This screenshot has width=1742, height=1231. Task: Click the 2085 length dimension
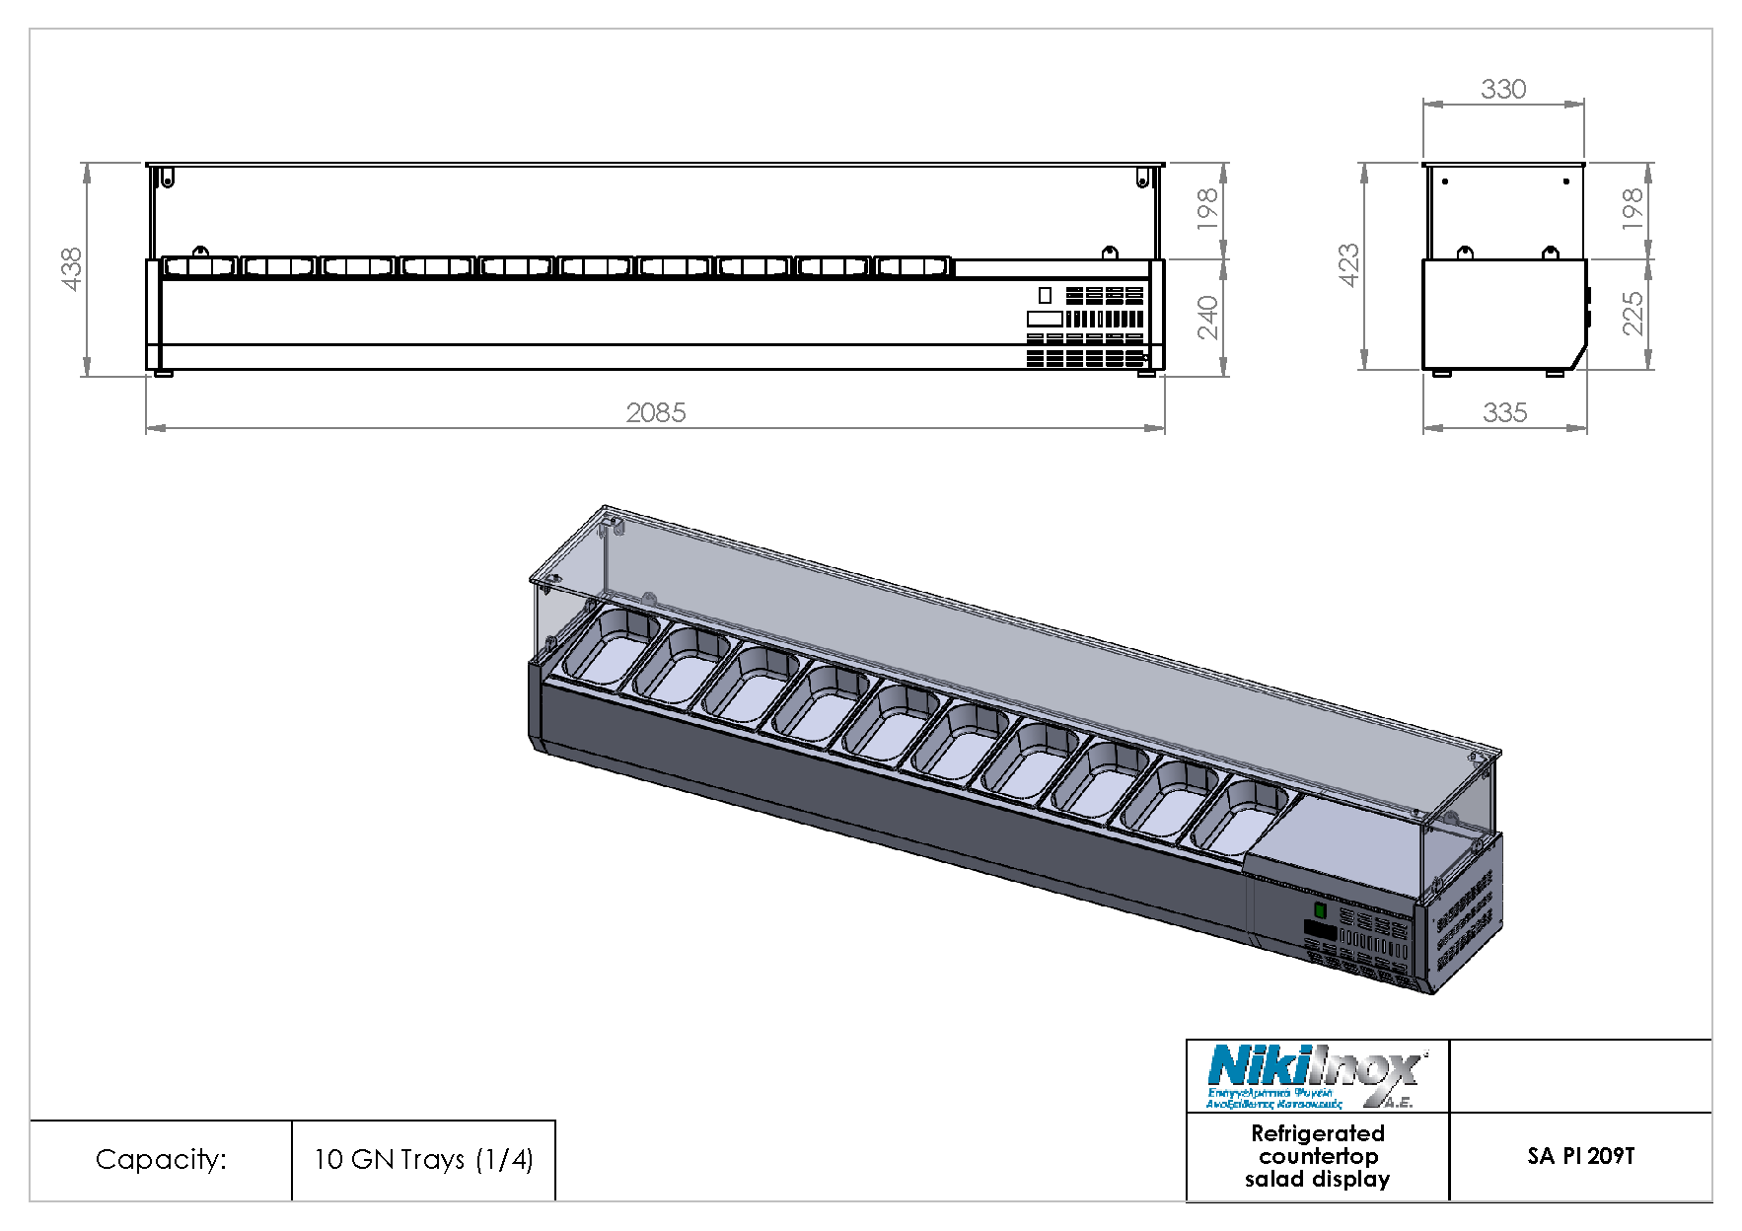click(x=656, y=412)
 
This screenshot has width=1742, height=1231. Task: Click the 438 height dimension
click(x=72, y=268)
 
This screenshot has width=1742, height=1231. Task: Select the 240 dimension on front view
click(x=1208, y=317)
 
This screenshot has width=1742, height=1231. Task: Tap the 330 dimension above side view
click(x=1503, y=90)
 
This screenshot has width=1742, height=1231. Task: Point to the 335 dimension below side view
click(x=1504, y=412)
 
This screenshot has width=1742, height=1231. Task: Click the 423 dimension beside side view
click(x=1348, y=265)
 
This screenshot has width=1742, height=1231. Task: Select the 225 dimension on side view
click(x=1633, y=314)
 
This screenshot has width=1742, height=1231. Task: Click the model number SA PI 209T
click(x=1580, y=1156)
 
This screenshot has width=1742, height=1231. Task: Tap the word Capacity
click(x=161, y=1159)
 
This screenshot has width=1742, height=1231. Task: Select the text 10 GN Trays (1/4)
click(x=423, y=1159)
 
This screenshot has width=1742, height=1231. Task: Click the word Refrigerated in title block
click(x=1317, y=1133)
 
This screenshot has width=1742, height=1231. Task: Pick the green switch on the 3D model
click(x=1320, y=910)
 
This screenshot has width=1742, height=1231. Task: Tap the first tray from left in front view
click(x=200, y=267)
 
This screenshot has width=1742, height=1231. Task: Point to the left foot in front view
click(x=163, y=373)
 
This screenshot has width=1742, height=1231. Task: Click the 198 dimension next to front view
click(x=1208, y=209)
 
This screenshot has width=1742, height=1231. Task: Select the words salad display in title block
click(x=1317, y=1179)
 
